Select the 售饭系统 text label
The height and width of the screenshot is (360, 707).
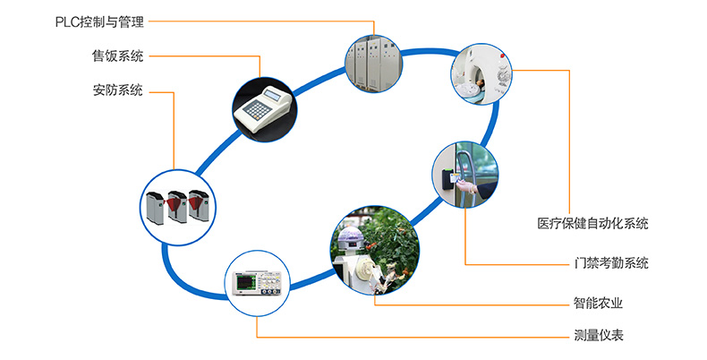coord(117,56)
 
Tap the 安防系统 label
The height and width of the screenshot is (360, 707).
coord(117,90)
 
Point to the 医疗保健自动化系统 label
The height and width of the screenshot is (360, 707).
coord(593,223)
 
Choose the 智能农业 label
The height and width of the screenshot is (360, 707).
coord(599,303)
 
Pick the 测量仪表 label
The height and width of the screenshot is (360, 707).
coord(599,337)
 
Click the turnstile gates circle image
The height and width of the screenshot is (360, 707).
coord(175,204)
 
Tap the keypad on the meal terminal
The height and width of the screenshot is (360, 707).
coord(260,109)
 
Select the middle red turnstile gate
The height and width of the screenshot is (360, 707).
coord(175,208)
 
